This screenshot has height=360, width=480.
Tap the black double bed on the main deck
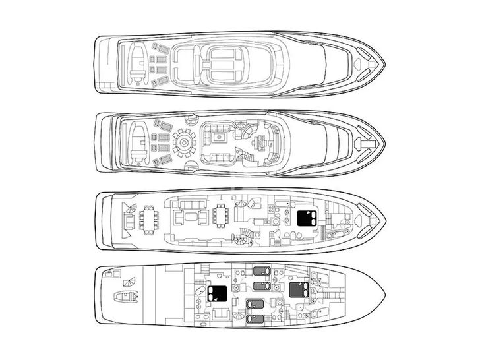pyautogui.click(x=305, y=220)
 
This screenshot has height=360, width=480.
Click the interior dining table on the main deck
pyautogui.click(x=220, y=217)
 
